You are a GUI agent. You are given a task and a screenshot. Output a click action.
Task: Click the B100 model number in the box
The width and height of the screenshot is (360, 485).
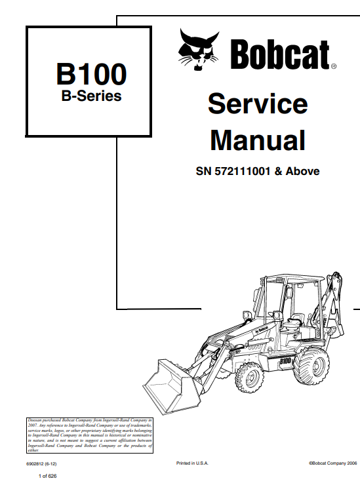(91, 74)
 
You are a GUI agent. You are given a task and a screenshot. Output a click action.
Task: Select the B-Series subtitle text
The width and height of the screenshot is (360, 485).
(91, 96)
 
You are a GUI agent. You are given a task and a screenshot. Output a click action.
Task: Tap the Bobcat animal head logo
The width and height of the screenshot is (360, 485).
(199, 50)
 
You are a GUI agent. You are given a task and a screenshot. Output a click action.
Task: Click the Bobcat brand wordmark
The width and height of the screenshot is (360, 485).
(280, 54)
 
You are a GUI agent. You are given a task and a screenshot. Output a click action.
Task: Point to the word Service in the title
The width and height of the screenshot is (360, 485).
(258, 104)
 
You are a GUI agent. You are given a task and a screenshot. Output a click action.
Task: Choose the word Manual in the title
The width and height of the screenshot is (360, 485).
(258, 140)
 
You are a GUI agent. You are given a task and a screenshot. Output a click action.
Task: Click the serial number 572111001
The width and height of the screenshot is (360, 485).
(243, 171)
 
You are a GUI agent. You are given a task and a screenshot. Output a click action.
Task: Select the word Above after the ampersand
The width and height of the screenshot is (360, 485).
(302, 171)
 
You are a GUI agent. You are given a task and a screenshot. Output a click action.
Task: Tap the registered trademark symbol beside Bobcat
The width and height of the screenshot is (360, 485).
(333, 66)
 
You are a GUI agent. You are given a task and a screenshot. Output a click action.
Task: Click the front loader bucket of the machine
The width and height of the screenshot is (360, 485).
(172, 387)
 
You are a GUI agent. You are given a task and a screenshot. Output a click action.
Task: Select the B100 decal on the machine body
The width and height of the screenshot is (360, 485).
(285, 360)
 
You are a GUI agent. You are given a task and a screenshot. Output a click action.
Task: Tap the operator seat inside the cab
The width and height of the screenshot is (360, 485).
(293, 322)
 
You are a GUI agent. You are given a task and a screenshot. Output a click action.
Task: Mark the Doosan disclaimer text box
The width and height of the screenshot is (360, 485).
(90, 435)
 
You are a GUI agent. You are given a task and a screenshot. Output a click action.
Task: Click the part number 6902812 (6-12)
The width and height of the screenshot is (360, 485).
(41, 463)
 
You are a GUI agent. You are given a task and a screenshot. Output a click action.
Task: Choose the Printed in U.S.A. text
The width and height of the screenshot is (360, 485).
(192, 463)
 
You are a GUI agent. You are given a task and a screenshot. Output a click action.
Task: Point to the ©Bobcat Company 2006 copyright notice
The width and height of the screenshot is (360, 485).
(332, 463)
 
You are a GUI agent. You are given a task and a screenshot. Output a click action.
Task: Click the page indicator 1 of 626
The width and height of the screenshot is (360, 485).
(48, 476)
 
